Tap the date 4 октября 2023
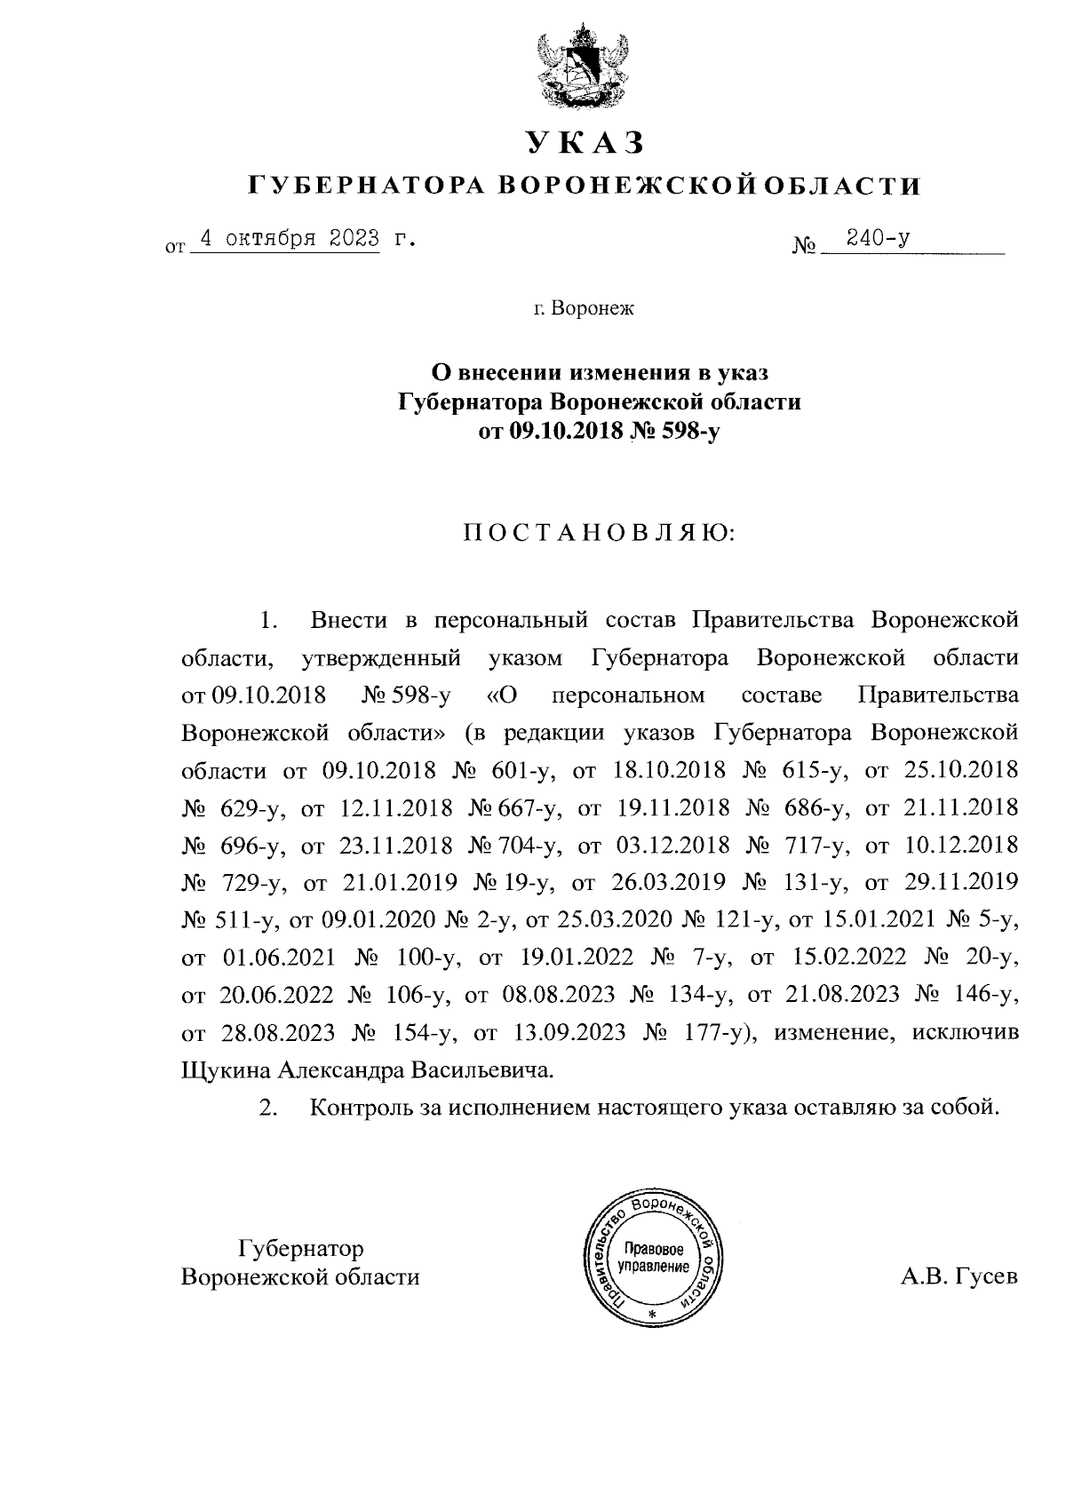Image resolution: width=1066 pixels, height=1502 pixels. point(287,239)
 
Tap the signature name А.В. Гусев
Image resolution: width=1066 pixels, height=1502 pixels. point(958,1277)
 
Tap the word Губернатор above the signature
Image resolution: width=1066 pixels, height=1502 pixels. point(301,1248)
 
